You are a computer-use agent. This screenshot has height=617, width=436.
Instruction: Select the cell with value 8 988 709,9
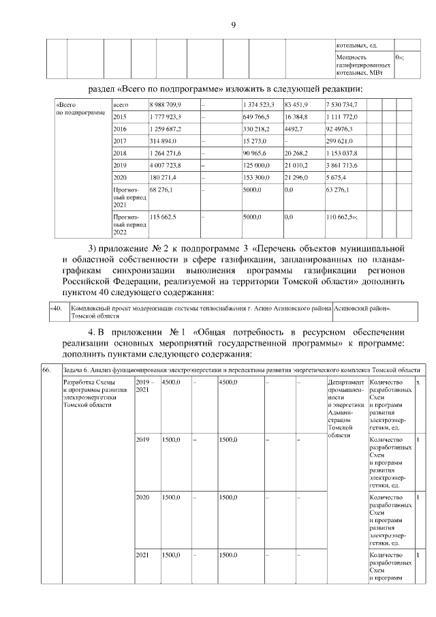click(x=165, y=104)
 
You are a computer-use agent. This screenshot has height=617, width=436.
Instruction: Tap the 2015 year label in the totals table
click(x=120, y=117)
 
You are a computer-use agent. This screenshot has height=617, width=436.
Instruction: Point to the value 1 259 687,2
click(x=165, y=129)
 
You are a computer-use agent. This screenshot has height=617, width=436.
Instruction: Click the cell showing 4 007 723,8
click(x=165, y=166)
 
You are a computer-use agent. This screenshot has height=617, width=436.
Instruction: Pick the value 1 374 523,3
click(x=258, y=104)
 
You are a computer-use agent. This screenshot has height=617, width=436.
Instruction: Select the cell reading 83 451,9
click(x=297, y=104)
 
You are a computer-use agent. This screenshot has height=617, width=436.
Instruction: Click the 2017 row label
click(x=120, y=141)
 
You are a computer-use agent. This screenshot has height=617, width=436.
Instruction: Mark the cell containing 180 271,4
click(x=163, y=178)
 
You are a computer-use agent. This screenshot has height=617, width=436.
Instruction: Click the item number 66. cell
click(x=46, y=369)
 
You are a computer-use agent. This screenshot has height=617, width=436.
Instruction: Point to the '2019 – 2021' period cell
click(x=145, y=385)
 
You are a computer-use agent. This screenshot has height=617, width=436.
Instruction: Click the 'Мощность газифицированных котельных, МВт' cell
click(x=363, y=65)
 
